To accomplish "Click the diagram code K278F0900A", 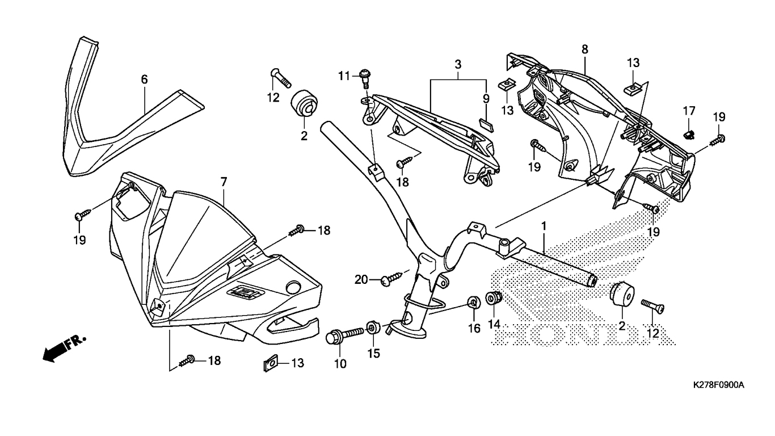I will point(718,385).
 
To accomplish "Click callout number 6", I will point(144,79).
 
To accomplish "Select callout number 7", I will point(224,182).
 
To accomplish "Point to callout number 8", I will point(584,49).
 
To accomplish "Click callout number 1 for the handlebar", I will point(543,226).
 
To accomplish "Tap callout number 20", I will point(361,279).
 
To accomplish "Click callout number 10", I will point(340,364).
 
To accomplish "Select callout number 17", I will point(688,110).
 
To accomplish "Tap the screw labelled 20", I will point(391,278).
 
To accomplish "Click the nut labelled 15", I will point(372,328).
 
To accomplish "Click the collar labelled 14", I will point(493,297).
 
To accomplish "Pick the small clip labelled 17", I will point(689,135).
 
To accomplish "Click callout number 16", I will point(474,328).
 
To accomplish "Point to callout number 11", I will point(343,76).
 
